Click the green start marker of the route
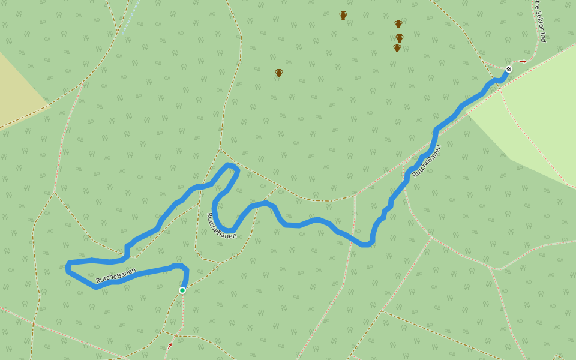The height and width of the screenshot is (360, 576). [x=182, y=290]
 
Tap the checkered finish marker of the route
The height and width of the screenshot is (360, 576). [x=509, y=69]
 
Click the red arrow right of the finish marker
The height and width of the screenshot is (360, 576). [x=523, y=61]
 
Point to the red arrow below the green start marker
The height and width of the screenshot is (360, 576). [x=169, y=346]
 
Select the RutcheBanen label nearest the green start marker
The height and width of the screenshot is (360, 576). [x=116, y=277]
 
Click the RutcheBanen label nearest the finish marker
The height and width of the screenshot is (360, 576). [x=427, y=161]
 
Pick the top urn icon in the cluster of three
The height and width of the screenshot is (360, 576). [x=398, y=24]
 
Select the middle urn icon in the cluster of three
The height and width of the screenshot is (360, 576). [x=400, y=38]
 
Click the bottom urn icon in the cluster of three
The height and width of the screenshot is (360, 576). [x=397, y=48]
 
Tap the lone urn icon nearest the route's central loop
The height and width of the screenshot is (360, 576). [x=279, y=73]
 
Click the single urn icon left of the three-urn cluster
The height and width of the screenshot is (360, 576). [x=343, y=16]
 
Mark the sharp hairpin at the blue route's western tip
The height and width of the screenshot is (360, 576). [x=68, y=266]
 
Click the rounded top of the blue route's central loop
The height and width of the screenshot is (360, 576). [x=230, y=165]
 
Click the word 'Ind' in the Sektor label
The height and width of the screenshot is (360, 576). [x=543, y=37]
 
